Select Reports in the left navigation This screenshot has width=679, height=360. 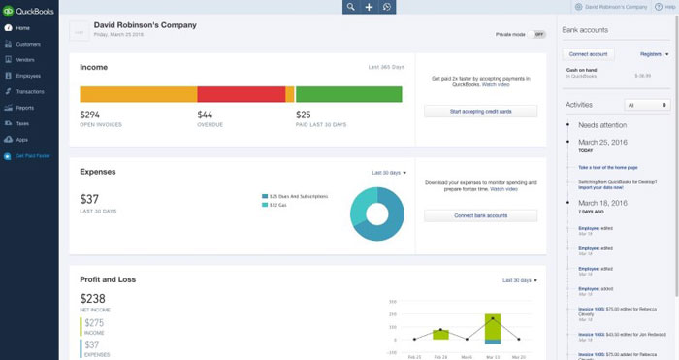tap(24, 108)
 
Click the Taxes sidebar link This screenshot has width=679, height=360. tap(22, 123)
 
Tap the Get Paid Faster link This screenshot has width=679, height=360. tap(32, 155)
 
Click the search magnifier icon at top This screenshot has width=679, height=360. tap(351, 7)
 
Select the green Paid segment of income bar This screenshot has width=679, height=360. tap(348, 94)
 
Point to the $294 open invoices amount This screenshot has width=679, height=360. tap(90, 114)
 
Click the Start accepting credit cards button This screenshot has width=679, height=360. tap(480, 112)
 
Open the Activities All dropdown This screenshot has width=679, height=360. tap(647, 105)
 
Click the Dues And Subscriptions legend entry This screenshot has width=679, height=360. tap(299, 196)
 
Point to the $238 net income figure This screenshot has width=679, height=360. tap(93, 300)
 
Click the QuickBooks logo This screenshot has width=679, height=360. tap(28, 11)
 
